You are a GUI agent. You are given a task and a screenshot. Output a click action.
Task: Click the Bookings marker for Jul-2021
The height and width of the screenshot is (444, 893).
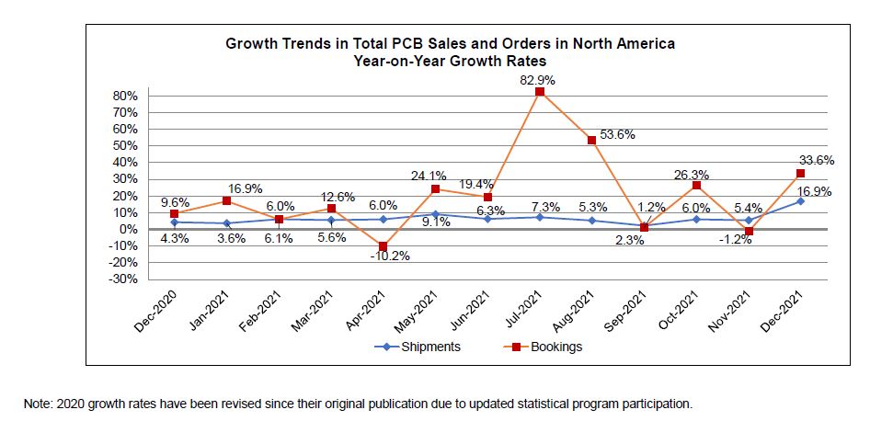click(x=540, y=92)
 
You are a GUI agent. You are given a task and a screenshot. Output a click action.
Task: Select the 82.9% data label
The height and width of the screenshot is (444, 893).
click(x=538, y=80)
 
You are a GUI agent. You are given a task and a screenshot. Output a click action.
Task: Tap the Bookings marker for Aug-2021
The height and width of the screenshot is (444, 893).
click(x=592, y=141)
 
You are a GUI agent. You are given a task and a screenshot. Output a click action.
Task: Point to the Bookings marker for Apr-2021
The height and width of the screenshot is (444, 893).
click(x=384, y=246)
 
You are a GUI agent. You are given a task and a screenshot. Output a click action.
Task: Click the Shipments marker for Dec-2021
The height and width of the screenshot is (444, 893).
click(x=801, y=201)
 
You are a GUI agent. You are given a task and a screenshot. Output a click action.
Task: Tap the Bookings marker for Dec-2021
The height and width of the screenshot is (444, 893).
click(x=801, y=174)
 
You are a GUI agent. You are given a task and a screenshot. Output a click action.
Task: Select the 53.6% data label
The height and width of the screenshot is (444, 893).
click(x=617, y=134)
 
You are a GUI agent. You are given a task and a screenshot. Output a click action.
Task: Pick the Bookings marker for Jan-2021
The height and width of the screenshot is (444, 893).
click(x=226, y=200)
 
